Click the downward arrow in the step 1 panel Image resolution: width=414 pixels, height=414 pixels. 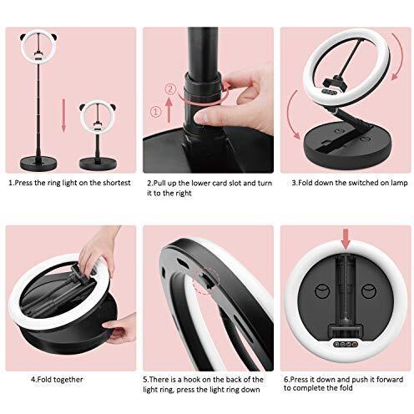click(63, 114)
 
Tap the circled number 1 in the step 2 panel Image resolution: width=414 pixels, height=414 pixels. click(156, 112)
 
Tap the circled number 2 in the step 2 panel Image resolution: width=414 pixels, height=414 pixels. click(171, 89)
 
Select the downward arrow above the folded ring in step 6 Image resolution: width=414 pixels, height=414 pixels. click(346, 239)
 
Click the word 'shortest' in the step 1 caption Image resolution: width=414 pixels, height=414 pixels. click(117, 183)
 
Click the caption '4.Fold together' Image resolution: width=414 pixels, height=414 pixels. click(57, 379)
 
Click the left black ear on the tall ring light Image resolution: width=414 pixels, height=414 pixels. click(23, 37)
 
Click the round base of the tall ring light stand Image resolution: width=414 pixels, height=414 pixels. click(39, 164)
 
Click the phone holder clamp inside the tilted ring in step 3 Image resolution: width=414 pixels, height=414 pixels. click(333, 83)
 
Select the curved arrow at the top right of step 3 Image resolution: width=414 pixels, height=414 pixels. click(398, 57)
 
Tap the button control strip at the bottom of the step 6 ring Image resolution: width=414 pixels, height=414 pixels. click(346, 344)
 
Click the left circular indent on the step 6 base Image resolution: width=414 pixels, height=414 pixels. click(321, 291)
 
